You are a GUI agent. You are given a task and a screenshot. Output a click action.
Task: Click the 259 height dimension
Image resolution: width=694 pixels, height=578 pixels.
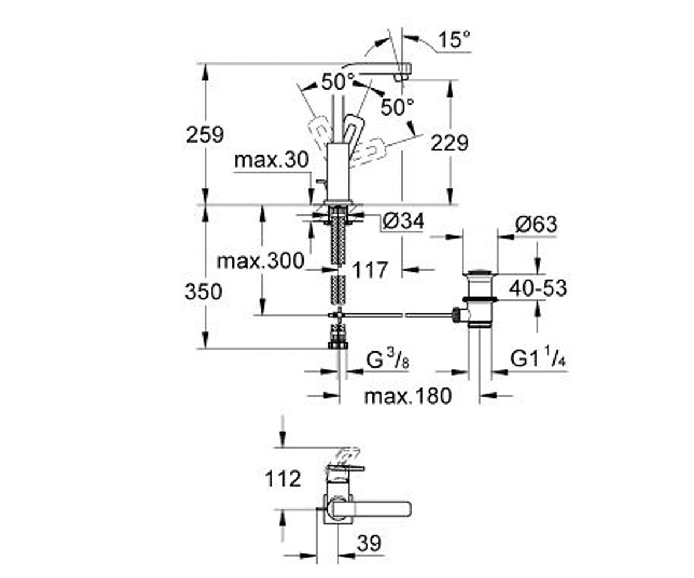[x=205, y=135]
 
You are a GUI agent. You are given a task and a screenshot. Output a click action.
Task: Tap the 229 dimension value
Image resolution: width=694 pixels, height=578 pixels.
[x=450, y=143]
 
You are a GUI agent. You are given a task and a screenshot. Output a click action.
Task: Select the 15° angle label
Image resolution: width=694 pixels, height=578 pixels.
[x=455, y=39]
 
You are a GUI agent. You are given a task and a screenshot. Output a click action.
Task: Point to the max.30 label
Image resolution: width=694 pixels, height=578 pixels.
[x=272, y=160]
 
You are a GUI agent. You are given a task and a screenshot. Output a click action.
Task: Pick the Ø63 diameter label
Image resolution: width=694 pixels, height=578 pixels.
[x=536, y=224]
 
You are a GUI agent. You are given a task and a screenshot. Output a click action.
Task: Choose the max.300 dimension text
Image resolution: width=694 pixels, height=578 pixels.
[x=261, y=261]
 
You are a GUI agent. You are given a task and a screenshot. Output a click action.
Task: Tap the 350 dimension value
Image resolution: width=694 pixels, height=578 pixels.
[x=204, y=292]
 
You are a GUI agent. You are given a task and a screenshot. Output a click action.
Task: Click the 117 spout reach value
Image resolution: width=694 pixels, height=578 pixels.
[x=370, y=270]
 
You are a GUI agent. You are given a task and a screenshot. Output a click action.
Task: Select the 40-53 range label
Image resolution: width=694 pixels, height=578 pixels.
[x=538, y=288]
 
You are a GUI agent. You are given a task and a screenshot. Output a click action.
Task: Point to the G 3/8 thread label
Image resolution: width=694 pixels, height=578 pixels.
[x=388, y=360]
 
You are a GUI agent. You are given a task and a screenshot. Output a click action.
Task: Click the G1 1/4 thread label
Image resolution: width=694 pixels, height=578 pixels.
[x=538, y=358]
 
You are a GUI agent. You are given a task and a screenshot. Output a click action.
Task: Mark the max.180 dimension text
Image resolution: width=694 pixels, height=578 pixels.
[x=408, y=396]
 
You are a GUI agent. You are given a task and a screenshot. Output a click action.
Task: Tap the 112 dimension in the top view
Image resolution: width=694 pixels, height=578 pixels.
[x=283, y=479]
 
